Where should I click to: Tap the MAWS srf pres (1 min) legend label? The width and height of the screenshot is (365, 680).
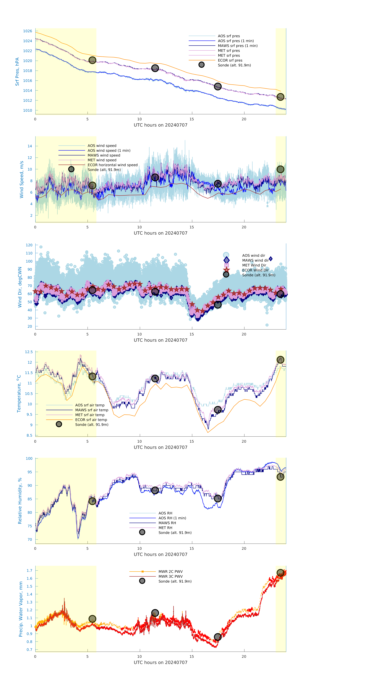(x=238, y=46)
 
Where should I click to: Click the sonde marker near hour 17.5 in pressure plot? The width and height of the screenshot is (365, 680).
(x=217, y=86)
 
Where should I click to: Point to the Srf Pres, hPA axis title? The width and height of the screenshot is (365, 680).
(x=17, y=72)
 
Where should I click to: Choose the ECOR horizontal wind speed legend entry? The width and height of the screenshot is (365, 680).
(x=112, y=165)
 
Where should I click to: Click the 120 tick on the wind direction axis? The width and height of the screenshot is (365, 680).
(x=29, y=245)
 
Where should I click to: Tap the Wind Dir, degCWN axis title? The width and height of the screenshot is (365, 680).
(x=20, y=287)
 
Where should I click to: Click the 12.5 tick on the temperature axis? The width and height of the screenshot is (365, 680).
(x=29, y=352)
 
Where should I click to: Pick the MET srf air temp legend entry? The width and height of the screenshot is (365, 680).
(x=90, y=415)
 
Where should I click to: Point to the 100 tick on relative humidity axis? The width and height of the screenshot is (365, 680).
(x=29, y=458)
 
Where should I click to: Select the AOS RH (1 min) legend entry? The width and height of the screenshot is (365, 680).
(x=172, y=518)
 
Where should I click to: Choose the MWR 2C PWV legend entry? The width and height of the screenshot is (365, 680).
(x=170, y=571)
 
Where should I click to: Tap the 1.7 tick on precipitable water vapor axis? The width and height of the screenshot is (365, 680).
(x=29, y=570)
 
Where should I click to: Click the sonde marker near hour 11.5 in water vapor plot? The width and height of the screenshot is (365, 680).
(x=155, y=613)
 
